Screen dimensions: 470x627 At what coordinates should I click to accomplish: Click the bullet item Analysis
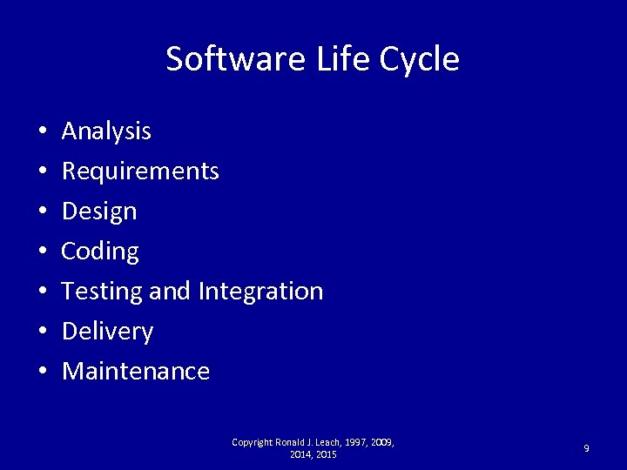[x=107, y=131]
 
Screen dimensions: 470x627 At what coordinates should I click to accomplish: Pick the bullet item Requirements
[x=141, y=171]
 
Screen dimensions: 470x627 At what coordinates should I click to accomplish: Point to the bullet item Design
[x=100, y=211]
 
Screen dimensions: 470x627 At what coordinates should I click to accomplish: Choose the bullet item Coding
[x=101, y=252]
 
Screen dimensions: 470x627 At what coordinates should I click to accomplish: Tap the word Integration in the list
[x=260, y=291]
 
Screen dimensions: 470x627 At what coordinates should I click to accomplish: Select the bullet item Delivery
[x=108, y=332]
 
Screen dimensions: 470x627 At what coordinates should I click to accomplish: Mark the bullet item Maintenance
[x=137, y=372]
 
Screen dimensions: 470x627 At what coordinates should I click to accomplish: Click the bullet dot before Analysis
[x=42, y=132]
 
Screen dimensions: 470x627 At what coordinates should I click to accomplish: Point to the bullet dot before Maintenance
[x=42, y=373]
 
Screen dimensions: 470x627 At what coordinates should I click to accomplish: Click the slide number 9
[x=586, y=448]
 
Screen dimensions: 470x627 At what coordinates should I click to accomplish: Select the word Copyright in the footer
[x=252, y=443]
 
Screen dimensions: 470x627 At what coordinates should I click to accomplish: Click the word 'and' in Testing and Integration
[x=169, y=291]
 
